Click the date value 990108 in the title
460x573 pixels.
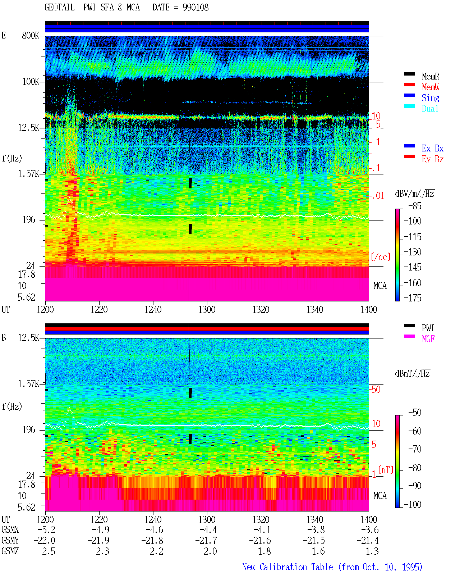(195, 8)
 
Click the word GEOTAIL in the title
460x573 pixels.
(60, 8)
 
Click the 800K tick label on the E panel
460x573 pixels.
(31, 35)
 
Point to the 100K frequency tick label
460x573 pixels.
(31, 82)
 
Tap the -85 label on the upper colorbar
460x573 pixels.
(415, 206)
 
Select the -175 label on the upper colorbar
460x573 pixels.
(413, 298)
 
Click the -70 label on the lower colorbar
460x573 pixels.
(415, 449)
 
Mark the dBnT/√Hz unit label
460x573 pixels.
(412, 373)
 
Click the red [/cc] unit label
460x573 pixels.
(381, 257)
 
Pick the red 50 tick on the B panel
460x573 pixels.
(376, 389)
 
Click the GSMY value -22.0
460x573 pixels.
(45, 541)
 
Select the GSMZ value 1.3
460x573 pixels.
(372, 551)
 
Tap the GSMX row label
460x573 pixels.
(10, 529)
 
